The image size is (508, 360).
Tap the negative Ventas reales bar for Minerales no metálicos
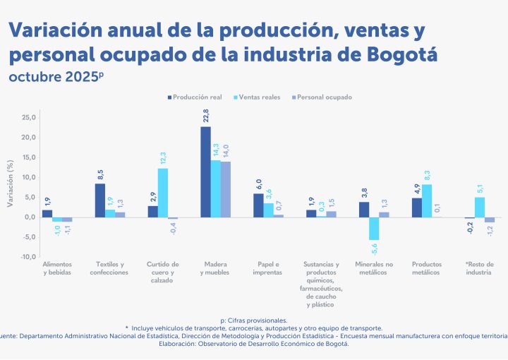tap(374, 229)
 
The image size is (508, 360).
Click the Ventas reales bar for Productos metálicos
tap(427, 201)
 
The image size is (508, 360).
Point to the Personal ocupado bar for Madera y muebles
tap(226, 189)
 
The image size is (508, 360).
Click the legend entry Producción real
tap(194, 97)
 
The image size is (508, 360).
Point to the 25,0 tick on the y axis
tap(28, 117)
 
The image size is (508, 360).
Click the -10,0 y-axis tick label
tap(27, 258)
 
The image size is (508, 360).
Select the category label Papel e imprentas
tap(267, 268)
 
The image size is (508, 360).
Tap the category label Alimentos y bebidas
tap(56, 268)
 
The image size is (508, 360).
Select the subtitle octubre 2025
tap(55, 76)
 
